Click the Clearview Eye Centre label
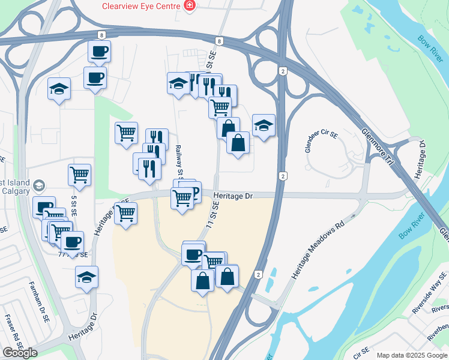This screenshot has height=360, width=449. point(141,5)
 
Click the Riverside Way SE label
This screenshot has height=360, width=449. point(430,298)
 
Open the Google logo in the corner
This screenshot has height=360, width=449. point(20,353)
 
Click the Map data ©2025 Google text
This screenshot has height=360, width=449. point(412,355)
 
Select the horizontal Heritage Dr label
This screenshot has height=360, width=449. point(234,196)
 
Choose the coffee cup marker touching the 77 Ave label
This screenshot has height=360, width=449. point(73,244)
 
